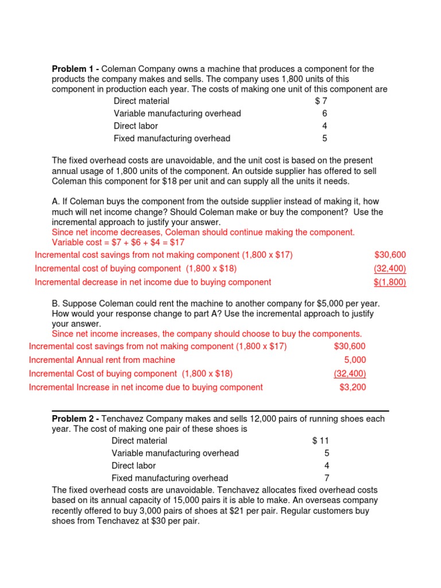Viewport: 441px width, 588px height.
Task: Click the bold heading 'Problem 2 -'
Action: (x=75, y=419)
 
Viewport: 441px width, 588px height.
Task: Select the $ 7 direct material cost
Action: (x=322, y=102)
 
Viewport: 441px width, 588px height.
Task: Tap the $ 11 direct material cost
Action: (x=320, y=441)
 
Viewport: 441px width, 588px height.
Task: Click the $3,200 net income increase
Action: (x=353, y=388)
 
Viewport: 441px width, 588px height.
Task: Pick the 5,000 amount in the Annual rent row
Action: (x=355, y=360)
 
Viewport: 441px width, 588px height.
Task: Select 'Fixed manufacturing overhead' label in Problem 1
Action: (x=172, y=138)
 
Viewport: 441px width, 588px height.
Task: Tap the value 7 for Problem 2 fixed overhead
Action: (x=327, y=478)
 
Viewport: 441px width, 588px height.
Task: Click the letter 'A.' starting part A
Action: (x=56, y=202)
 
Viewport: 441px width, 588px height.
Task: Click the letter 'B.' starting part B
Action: (x=56, y=303)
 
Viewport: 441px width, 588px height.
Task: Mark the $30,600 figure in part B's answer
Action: (x=349, y=346)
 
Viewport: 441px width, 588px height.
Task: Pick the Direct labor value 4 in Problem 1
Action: (x=325, y=126)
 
